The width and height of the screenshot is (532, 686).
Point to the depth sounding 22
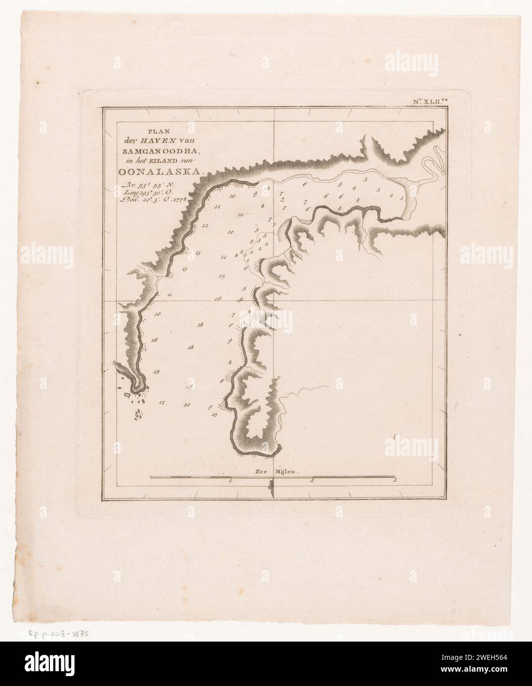click(x=217, y=207)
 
